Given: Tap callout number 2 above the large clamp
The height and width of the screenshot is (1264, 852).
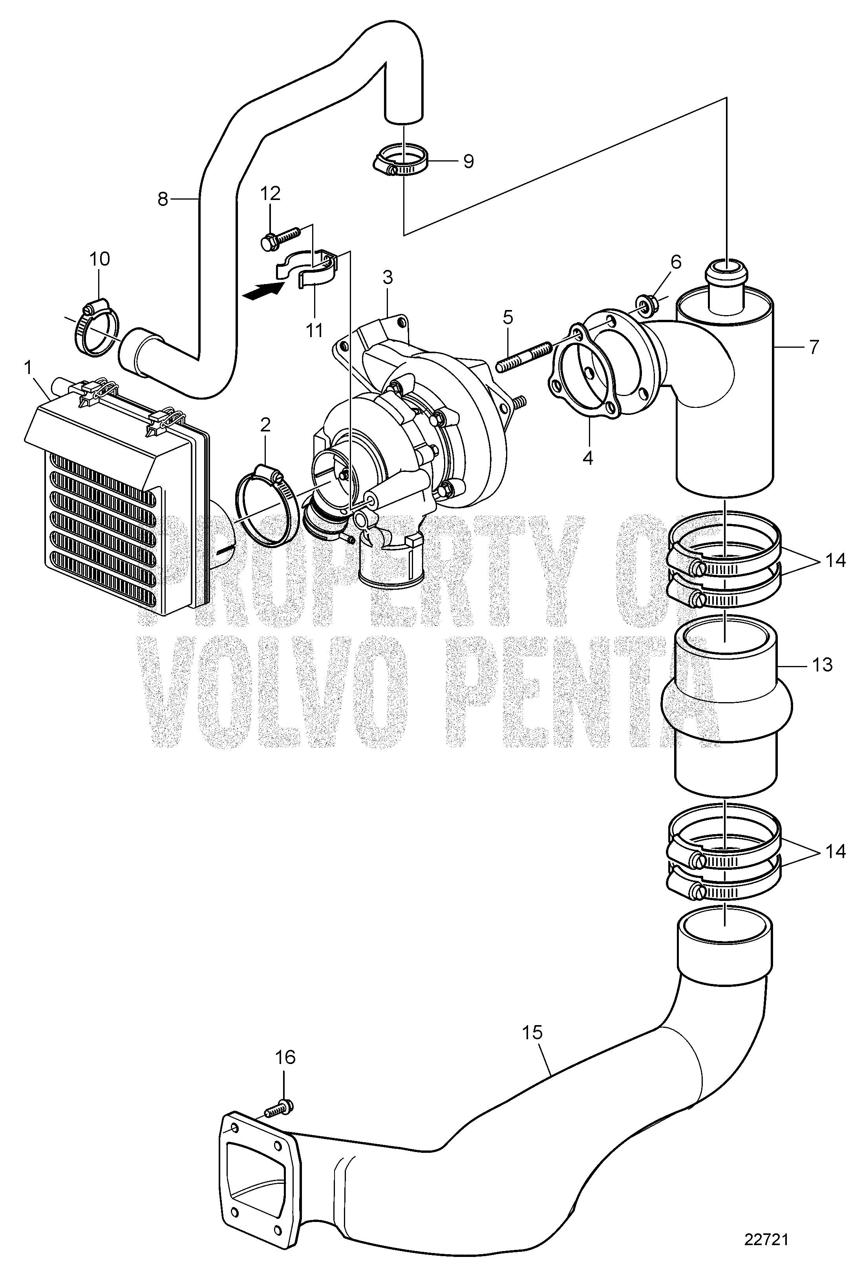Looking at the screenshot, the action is click(x=265, y=426).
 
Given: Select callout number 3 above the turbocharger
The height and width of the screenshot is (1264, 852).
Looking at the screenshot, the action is click(x=388, y=278).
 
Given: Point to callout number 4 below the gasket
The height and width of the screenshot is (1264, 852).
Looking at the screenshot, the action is click(x=587, y=458).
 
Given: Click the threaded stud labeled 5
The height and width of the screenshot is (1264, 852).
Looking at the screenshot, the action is click(x=524, y=356).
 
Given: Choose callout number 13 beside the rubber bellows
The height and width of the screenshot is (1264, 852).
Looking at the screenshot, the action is click(x=823, y=665).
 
